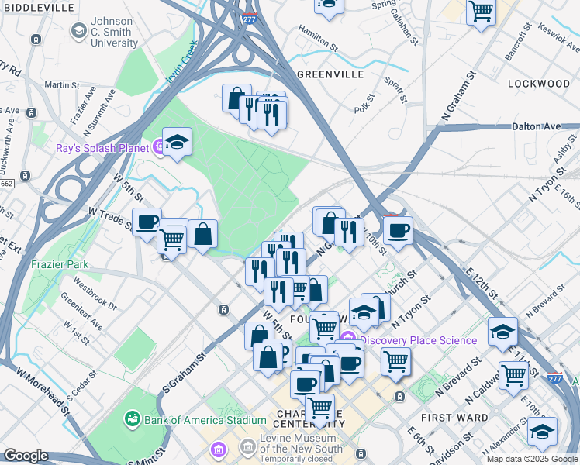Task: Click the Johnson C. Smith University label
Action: (114, 32)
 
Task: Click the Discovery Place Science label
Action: (418, 340)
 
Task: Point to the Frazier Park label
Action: (60, 264)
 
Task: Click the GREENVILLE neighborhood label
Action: (330, 74)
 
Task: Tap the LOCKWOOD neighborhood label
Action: (538, 83)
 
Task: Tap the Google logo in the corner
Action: (26, 456)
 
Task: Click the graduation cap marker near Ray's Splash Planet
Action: (178, 142)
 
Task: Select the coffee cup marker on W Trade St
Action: (147, 222)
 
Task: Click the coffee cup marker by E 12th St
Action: (398, 230)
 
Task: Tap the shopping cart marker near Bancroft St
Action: (481, 12)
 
